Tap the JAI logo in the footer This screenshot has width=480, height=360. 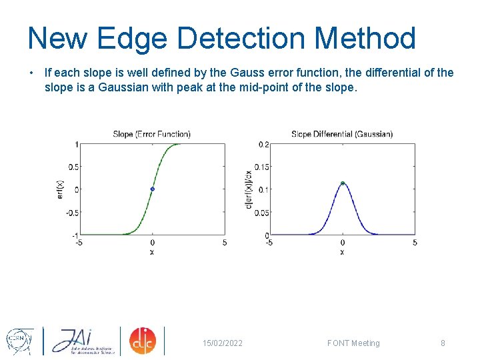(x=81, y=341)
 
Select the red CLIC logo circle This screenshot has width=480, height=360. (x=142, y=341)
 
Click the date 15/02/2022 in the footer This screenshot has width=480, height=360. (x=223, y=343)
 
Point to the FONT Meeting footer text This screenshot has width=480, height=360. (x=353, y=343)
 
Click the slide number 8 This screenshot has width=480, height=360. (x=443, y=343)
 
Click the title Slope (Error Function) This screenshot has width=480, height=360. (x=151, y=134)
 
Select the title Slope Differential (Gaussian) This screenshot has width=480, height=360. (x=342, y=134)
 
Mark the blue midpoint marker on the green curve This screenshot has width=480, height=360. (x=152, y=189)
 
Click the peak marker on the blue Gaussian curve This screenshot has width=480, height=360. (x=342, y=183)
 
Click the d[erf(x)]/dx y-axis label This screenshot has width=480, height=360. (x=249, y=189)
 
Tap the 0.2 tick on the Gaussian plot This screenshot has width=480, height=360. (x=264, y=144)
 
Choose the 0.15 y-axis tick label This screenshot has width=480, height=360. (x=262, y=167)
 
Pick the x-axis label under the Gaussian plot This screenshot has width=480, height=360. (x=342, y=252)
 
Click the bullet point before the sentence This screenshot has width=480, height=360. (x=31, y=73)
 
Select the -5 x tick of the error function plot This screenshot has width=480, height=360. (x=79, y=243)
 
